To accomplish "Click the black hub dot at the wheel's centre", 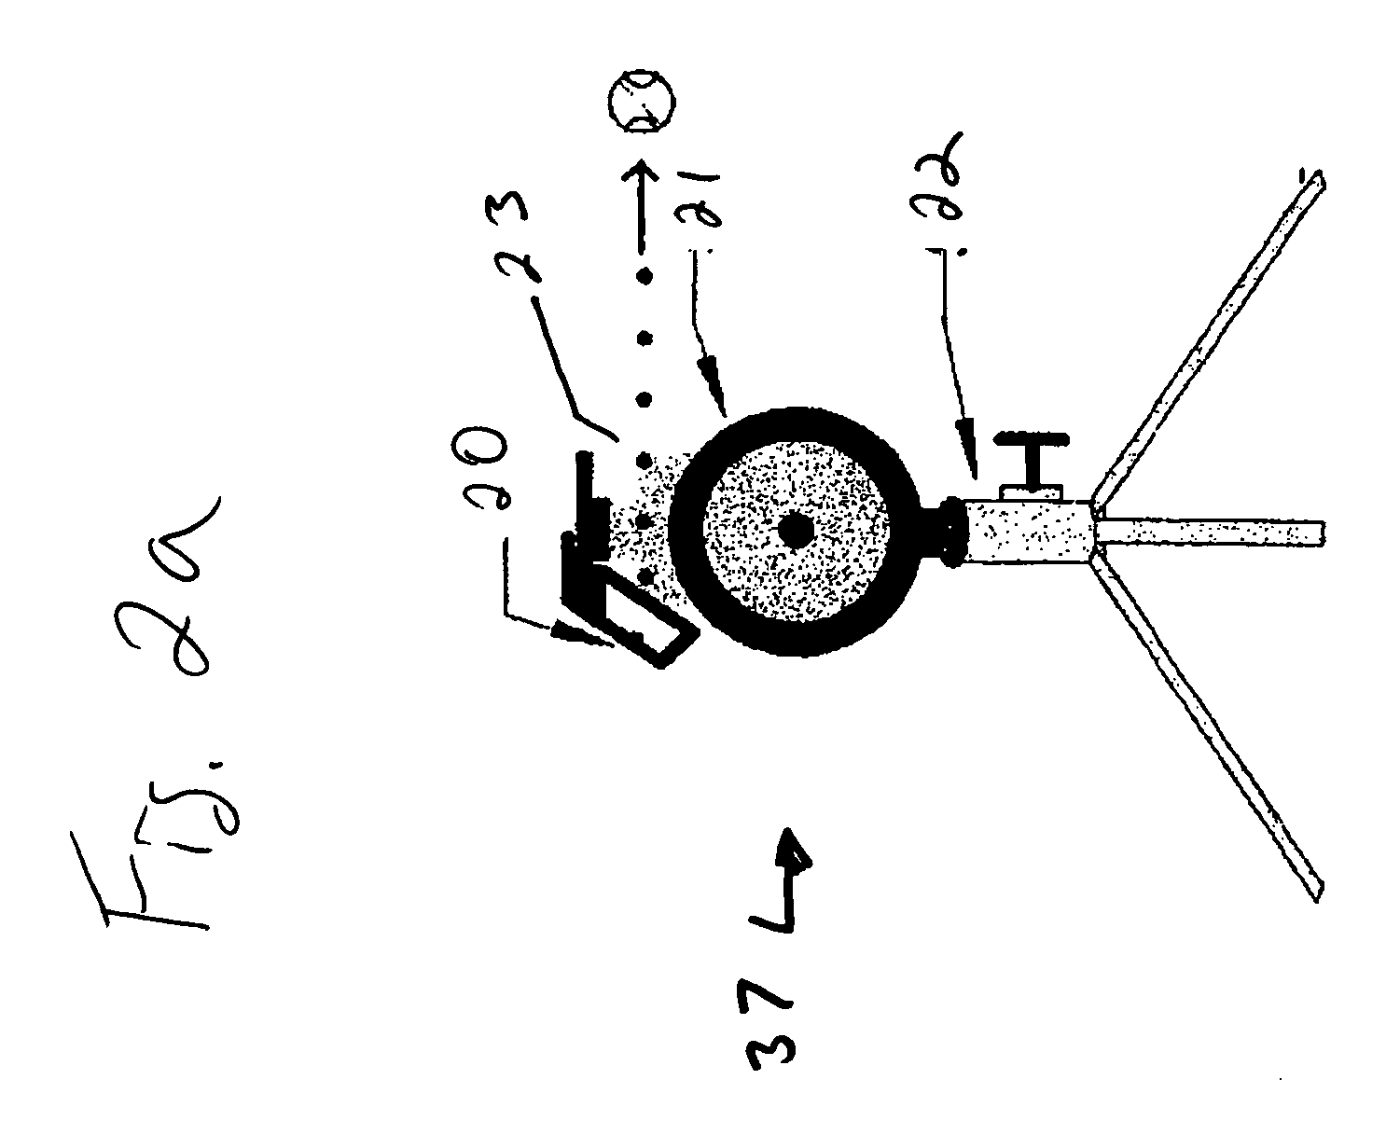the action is tap(796, 531).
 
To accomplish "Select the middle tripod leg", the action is tap(1213, 533).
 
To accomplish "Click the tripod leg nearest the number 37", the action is tap(1213, 727).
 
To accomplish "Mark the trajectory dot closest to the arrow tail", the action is tap(643, 276).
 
